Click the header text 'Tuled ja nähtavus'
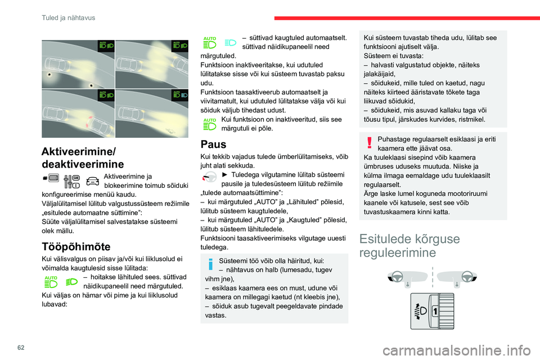pos(68,17)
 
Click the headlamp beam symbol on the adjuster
pos(420,311)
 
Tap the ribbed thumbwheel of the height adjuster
pos(445,310)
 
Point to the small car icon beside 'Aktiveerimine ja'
pos(93,181)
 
